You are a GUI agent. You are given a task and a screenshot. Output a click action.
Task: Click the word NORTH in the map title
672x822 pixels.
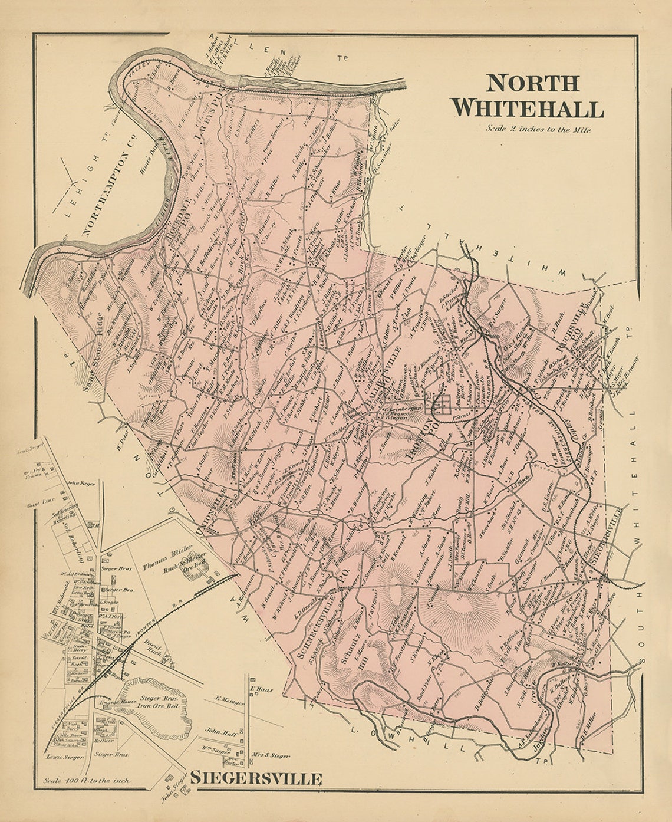point(532,83)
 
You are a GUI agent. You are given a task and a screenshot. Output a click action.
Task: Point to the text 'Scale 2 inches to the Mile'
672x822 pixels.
point(538,129)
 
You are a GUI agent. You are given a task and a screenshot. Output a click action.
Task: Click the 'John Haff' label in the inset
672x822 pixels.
point(216,730)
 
